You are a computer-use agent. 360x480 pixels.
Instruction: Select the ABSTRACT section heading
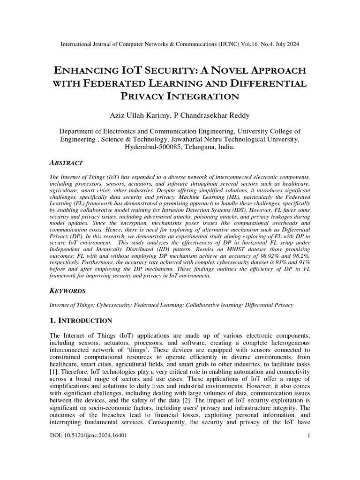pos(66,163)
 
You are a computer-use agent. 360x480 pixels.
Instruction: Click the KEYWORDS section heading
pos(68,291)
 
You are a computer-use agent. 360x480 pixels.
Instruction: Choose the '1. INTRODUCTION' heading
pos(81,321)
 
